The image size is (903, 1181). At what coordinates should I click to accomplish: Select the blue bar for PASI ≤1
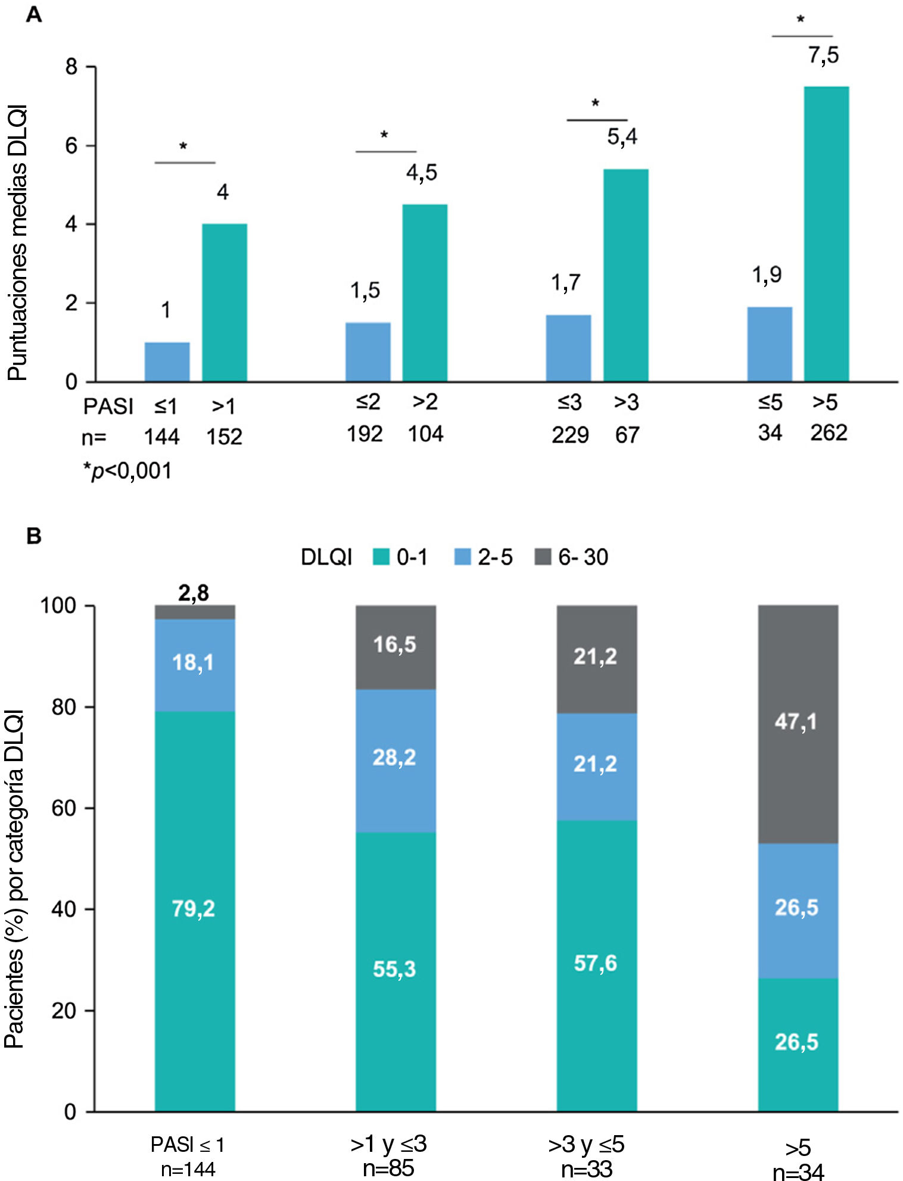point(167,362)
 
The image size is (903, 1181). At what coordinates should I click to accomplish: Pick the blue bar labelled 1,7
point(568,348)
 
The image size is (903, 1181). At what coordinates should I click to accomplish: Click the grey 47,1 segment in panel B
point(798,724)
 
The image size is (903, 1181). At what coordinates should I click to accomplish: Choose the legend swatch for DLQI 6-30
point(543,557)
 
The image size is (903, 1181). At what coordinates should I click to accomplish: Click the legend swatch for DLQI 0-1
point(381,557)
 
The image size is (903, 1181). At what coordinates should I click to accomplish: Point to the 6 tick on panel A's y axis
point(72,146)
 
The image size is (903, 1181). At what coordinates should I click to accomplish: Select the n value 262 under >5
point(829,433)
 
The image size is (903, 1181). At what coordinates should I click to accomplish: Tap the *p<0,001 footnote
point(127,471)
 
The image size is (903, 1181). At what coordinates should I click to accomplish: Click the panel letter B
point(34,536)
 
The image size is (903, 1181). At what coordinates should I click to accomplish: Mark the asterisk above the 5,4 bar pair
point(595,104)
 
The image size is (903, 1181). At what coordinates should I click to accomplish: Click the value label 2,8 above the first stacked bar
point(194,593)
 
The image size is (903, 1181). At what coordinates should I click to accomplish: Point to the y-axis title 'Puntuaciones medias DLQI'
point(17,242)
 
